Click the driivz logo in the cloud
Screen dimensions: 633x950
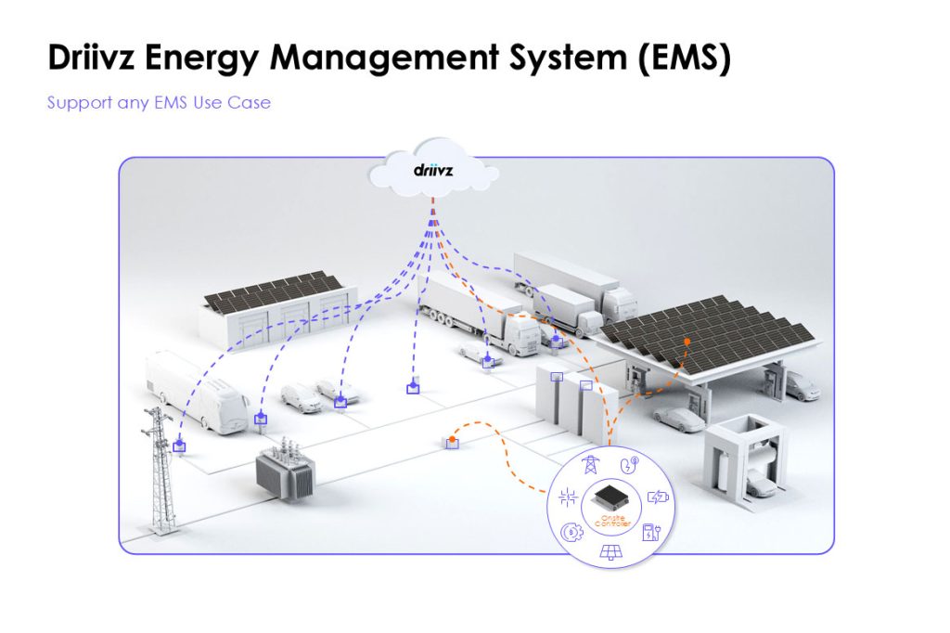click(x=432, y=171)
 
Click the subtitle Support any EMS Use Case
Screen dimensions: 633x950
click(x=159, y=102)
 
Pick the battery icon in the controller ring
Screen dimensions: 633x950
click(x=657, y=497)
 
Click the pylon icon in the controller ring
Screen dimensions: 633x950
click(x=588, y=465)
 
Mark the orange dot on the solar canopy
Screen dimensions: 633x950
click(x=687, y=342)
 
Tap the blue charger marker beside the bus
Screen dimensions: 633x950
click(x=261, y=420)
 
